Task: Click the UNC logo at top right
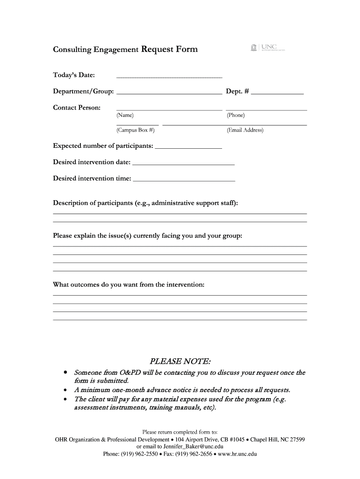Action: [267, 47]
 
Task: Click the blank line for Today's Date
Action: [169, 76]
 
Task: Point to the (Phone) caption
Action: [236, 115]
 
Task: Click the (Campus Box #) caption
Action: [135, 131]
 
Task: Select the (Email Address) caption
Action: [245, 131]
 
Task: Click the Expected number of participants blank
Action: [188, 147]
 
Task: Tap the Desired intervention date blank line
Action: [183, 164]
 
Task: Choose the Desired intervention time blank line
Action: [184, 180]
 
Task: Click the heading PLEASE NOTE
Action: [180, 361]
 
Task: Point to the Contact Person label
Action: [77, 108]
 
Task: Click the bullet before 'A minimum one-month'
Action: [65, 390]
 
